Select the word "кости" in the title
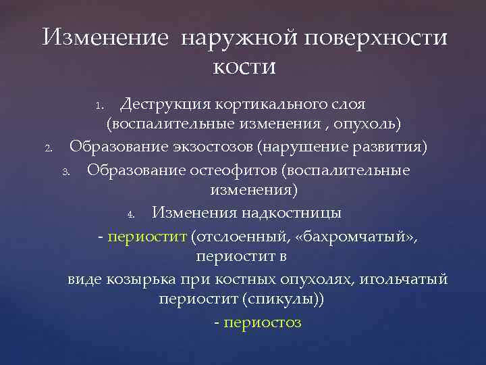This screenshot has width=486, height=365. click(x=244, y=67)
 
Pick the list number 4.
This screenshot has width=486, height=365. click(x=132, y=214)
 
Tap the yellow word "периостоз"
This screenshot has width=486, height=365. click(x=262, y=323)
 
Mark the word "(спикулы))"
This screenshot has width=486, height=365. click(x=288, y=301)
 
